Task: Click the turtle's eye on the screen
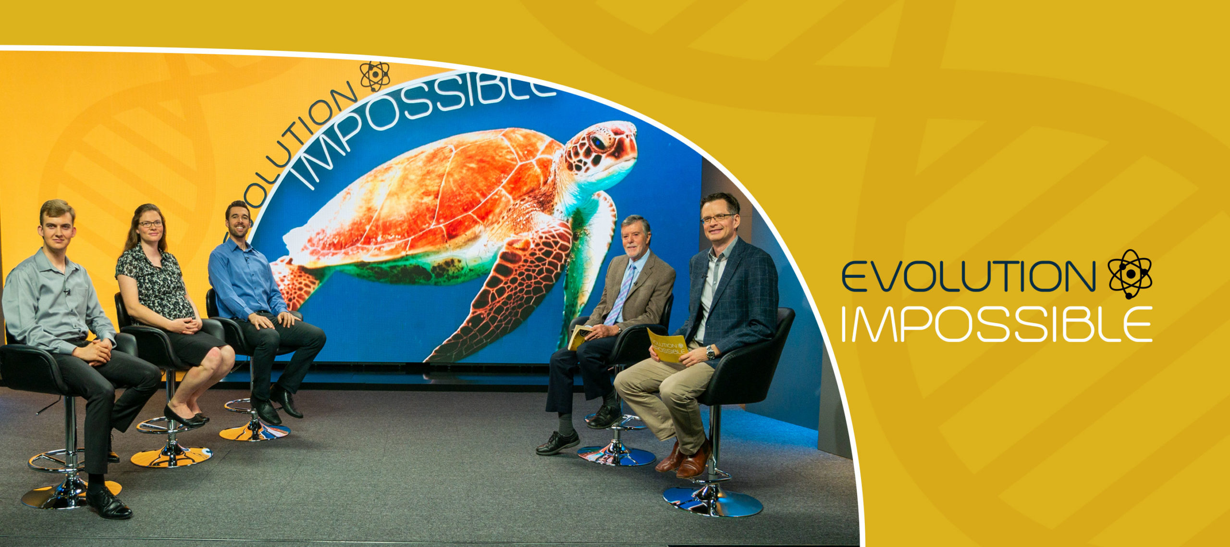point(599,142)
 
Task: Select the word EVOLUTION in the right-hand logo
point(968,276)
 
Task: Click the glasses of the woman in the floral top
point(150,224)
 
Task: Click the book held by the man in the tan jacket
point(578,337)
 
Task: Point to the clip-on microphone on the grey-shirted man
point(67,291)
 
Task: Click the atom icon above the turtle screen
point(375,76)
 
